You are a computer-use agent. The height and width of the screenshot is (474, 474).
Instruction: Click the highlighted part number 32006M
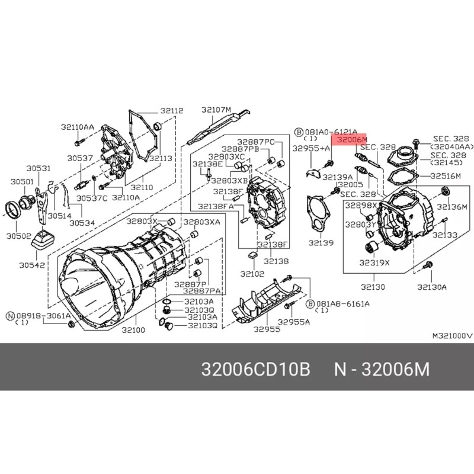tap(352, 140)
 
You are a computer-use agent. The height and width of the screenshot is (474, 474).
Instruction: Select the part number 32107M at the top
tap(216, 109)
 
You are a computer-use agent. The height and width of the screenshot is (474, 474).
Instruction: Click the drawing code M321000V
tap(451, 335)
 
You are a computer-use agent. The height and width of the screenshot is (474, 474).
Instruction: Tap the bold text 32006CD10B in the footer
tap(256, 370)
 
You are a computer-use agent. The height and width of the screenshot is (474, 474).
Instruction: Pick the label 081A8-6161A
tap(344, 303)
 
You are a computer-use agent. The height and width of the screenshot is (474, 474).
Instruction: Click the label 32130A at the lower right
tap(431, 287)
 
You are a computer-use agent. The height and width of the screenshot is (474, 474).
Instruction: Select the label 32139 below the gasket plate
tap(321, 243)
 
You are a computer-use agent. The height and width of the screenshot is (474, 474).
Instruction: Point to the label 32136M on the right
tap(453, 207)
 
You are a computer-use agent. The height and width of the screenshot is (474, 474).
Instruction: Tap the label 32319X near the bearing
tap(375, 262)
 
